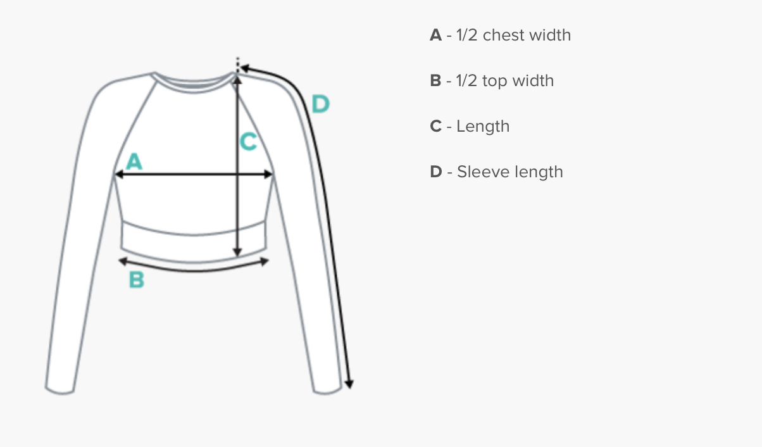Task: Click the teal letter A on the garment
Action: tap(134, 161)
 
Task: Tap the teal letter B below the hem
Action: tap(137, 279)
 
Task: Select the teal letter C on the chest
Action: tap(248, 142)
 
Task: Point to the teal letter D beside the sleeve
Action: tap(321, 103)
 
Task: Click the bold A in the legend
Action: tap(435, 35)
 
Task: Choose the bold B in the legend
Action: tap(435, 81)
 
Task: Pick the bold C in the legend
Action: tap(435, 127)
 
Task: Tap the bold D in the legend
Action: tap(435, 172)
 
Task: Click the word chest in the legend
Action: tap(503, 35)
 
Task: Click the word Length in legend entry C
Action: tap(483, 127)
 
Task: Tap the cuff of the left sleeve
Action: tap(59, 387)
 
